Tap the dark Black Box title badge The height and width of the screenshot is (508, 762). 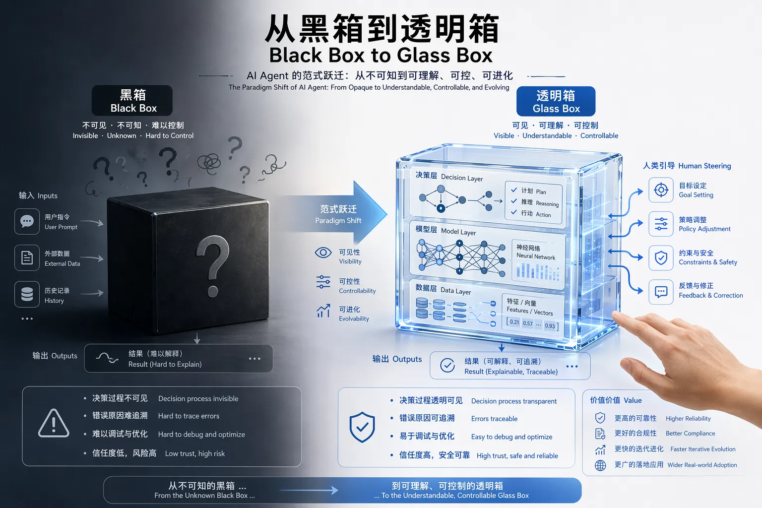132,100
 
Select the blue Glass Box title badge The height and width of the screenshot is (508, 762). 556,101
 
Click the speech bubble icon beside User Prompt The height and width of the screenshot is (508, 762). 27,221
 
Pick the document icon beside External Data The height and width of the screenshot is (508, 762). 27,257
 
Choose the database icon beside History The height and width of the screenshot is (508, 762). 27,294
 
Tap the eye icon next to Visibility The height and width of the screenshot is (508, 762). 323,253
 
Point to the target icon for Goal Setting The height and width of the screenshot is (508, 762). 661,190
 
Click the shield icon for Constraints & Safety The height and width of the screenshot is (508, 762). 661,258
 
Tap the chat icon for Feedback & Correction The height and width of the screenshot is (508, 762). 661,292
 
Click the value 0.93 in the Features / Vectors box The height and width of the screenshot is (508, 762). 550,325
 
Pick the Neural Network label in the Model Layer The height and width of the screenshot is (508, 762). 536,256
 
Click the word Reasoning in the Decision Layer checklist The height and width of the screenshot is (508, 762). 547,203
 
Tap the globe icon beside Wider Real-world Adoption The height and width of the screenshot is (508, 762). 600,465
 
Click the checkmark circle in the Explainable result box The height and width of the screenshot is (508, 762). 447,366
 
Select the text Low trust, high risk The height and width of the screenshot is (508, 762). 195,453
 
